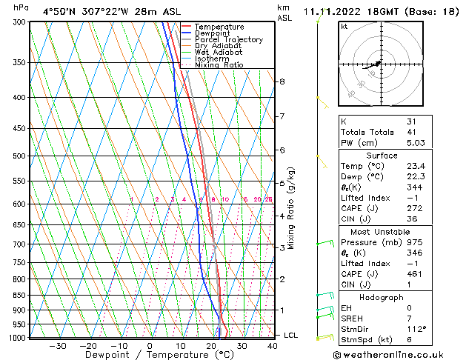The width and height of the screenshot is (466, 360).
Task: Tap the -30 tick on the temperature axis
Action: [57, 345]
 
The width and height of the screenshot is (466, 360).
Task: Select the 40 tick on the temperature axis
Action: [273, 345]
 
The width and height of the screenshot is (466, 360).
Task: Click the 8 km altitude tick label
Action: [282, 81]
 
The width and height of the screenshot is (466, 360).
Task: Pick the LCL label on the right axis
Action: [290, 336]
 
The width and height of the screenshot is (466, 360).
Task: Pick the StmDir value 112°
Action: [416, 330]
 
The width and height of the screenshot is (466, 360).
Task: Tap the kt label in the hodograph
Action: [344, 26]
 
